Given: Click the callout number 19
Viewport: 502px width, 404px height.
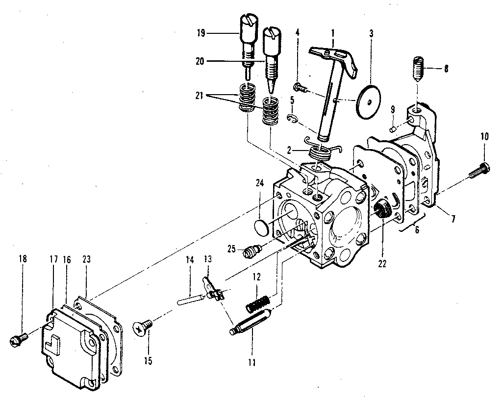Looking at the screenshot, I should click(200, 33).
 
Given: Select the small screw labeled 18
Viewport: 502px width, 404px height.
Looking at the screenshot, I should click(18, 338).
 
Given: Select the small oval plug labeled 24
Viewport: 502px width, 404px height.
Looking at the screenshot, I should click(263, 227).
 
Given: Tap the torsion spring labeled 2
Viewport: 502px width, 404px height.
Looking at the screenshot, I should click(321, 150).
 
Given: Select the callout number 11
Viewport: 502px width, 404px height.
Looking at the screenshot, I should click(251, 363).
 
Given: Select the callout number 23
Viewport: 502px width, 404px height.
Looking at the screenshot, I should click(86, 259).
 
